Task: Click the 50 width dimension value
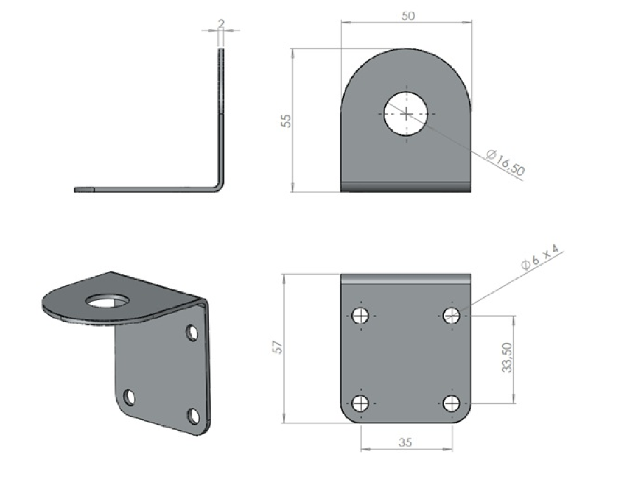coord(408,16)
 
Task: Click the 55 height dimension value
coord(286,121)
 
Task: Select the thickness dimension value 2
coord(221,23)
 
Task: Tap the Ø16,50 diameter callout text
coord(505,163)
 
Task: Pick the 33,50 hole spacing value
coord(507,357)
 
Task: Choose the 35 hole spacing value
coord(405,442)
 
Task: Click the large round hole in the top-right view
coord(406,114)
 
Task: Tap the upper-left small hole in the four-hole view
coord(361,315)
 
